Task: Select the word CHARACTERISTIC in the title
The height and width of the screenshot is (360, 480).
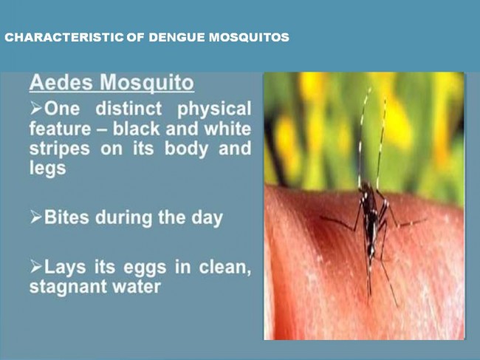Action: (64, 38)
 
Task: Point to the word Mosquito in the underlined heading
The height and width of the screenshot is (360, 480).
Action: (147, 83)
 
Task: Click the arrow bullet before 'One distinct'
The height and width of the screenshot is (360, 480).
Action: (36, 108)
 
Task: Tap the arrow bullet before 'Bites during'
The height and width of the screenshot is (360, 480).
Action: (36, 217)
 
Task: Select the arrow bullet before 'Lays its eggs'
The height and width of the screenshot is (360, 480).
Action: (36, 267)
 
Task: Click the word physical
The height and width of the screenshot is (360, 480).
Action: (214, 109)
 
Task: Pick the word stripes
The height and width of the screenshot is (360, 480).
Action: (60, 149)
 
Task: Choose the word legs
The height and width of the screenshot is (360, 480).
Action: (48, 169)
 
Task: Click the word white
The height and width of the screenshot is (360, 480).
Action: (227, 129)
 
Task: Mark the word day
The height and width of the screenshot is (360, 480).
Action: (207, 218)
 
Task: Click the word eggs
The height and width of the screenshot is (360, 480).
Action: (145, 268)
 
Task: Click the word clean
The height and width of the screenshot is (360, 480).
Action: (225, 267)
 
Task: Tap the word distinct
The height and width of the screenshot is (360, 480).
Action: (128, 109)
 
